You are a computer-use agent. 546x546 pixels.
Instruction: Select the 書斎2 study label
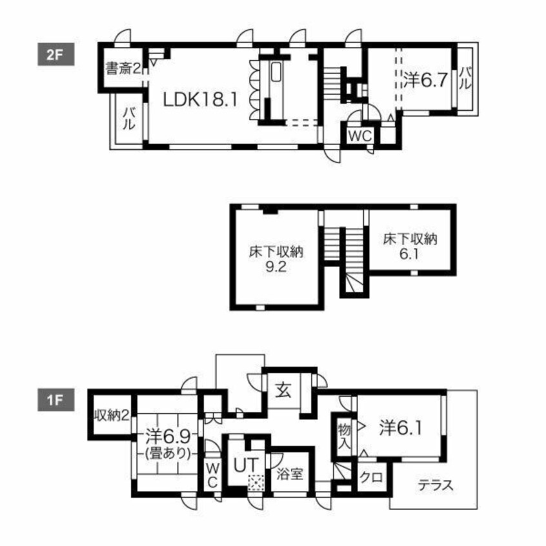[124, 68]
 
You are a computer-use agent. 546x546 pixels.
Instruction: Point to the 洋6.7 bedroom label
[426, 81]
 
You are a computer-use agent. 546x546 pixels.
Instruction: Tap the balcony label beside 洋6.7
[466, 80]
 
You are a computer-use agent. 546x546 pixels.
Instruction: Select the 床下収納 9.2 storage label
[277, 258]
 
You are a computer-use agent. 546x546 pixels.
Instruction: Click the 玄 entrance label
[284, 390]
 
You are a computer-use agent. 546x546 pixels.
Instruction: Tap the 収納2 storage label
[111, 415]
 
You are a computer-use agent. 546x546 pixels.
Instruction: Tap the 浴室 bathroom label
[290, 474]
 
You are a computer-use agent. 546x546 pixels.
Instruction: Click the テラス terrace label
[434, 485]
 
